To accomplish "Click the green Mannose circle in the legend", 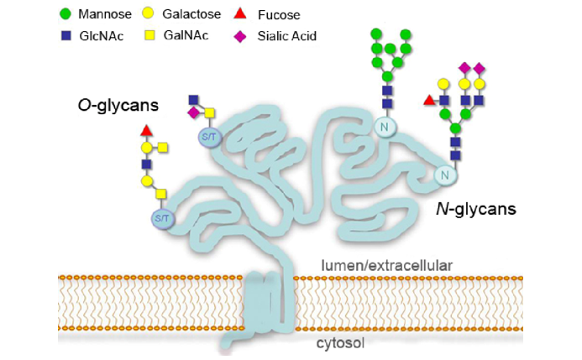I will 66,15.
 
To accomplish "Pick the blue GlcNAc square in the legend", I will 66,35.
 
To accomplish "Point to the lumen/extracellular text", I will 387,266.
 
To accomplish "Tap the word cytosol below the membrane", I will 339,343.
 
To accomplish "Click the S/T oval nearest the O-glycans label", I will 208,136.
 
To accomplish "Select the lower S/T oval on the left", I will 160,218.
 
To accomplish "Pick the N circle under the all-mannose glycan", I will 387,126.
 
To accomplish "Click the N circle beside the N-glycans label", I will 445,175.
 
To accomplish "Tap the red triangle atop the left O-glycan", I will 147,130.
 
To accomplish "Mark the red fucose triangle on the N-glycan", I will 430,101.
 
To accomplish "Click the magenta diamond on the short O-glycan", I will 194,112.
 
